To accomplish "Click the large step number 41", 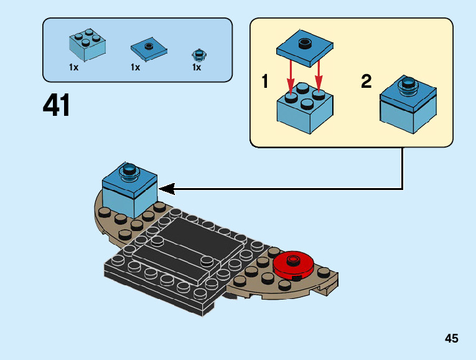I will pyautogui.click(x=57, y=105).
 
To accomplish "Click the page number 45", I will pyautogui.click(x=452, y=339).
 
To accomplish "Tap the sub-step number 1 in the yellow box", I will pyautogui.click(x=265, y=82).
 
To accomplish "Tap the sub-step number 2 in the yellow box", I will pyautogui.click(x=366, y=82).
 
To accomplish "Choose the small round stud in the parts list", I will pyautogui.click(x=198, y=54).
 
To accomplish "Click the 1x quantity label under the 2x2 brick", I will pyautogui.click(x=73, y=67).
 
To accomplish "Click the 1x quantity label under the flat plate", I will pyautogui.click(x=135, y=67).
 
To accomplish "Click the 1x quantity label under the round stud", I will pyautogui.click(x=197, y=67).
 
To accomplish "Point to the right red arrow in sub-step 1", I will pyautogui.click(x=319, y=73).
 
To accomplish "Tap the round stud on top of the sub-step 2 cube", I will pyautogui.click(x=408, y=84).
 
